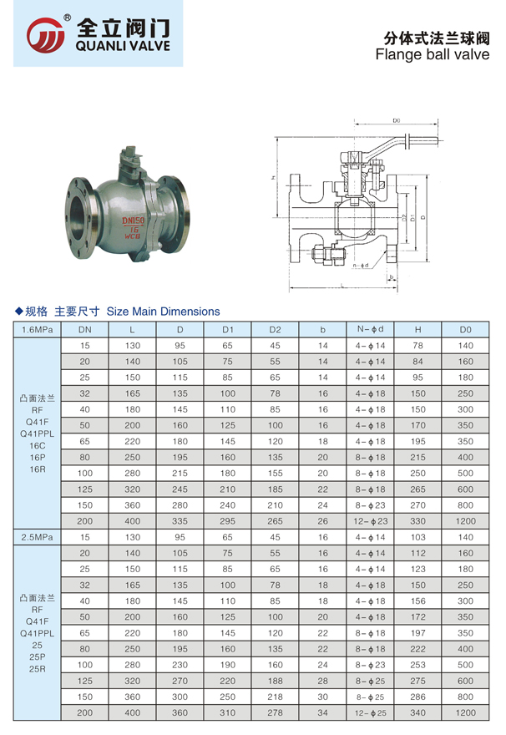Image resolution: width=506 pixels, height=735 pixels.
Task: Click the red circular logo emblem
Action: tap(45, 35)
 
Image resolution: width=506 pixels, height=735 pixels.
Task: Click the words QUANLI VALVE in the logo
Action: tap(123, 46)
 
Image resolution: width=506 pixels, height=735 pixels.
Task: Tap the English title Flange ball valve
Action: tap(432, 54)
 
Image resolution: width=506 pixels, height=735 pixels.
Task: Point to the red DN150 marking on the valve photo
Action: tap(134, 220)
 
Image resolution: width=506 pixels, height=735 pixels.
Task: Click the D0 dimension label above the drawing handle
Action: tap(397, 120)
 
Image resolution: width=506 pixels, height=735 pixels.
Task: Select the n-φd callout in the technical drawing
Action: tap(361, 266)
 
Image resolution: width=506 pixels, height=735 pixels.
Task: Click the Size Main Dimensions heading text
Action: tap(163, 312)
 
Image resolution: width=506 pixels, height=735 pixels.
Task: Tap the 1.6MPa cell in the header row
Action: tap(37, 330)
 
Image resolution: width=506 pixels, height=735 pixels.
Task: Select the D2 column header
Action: tap(275, 330)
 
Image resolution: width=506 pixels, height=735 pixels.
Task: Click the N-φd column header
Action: tap(370, 329)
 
